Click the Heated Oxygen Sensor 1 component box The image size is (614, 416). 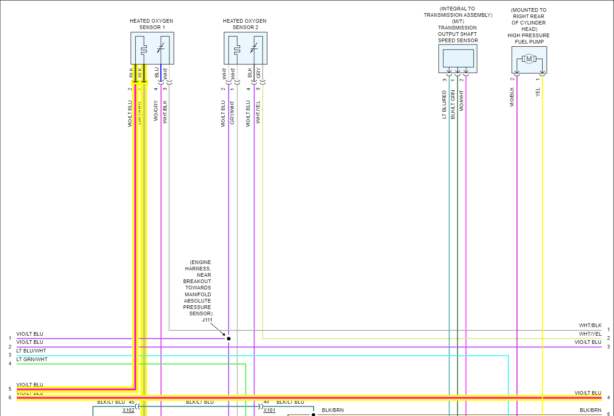152,48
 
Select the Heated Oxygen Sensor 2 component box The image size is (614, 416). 245,48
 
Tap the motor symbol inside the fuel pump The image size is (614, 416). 529,59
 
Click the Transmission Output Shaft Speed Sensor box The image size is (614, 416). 458,59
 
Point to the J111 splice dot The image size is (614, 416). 228,338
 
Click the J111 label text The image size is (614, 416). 207,320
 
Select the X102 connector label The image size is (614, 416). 128,410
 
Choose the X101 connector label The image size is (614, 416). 269,410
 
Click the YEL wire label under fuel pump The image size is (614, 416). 538,92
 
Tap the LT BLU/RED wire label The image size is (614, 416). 444,105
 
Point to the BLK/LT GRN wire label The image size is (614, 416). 453,105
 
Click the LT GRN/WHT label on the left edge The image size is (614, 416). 32,359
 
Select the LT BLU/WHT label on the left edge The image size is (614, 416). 31,351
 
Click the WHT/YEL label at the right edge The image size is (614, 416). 590,334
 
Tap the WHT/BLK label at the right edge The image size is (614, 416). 590,325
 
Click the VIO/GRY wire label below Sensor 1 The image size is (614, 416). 156,111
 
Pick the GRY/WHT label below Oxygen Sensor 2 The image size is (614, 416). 232,113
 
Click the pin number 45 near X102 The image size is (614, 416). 131,402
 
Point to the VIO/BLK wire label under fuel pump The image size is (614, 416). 512,97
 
